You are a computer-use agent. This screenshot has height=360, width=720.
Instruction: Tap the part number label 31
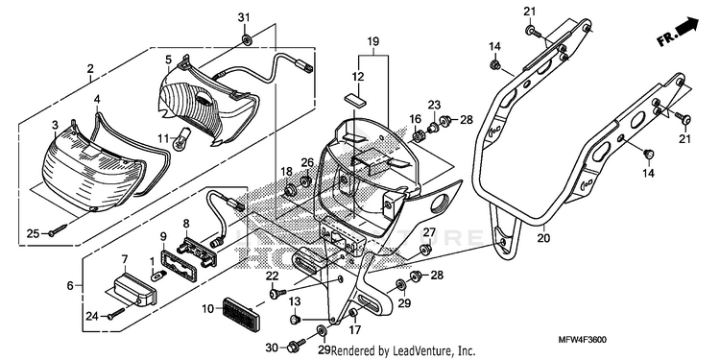pyautogui.click(x=244, y=17)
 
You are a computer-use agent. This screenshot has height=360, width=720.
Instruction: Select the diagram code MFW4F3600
pyautogui.click(x=582, y=340)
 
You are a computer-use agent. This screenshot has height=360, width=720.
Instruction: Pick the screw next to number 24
pyautogui.click(x=116, y=315)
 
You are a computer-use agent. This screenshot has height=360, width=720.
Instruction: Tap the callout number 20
pyautogui.click(x=544, y=238)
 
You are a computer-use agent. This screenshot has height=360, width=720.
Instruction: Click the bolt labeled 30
pyautogui.click(x=296, y=345)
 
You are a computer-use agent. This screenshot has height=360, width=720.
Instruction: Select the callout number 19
pyautogui.click(x=372, y=42)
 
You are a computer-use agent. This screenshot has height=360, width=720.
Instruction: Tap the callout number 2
pyautogui.click(x=90, y=69)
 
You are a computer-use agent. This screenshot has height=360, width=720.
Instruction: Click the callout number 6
pyautogui.click(x=70, y=286)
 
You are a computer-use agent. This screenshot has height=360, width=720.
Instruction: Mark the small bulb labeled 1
pyautogui.click(x=158, y=276)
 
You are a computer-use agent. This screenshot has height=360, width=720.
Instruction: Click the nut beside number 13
pyautogui.click(x=296, y=318)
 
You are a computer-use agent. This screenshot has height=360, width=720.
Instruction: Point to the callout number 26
pyautogui.click(x=307, y=162)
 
